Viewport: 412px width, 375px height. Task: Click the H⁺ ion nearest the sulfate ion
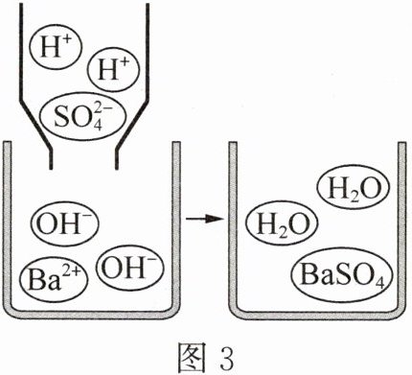[113, 70]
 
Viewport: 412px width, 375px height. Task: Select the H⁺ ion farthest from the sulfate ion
[56, 47]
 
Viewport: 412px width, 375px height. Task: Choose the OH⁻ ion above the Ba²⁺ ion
[65, 223]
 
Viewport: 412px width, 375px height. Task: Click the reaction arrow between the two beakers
[204, 219]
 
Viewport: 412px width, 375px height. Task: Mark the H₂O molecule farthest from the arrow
[353, 189]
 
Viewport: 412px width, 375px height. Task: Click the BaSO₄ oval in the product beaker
[341, 275]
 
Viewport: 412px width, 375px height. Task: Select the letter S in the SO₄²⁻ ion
[61, 118]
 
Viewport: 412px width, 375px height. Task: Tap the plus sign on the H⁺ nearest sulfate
[124, 62]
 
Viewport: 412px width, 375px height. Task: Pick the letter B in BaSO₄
[309, 274]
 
